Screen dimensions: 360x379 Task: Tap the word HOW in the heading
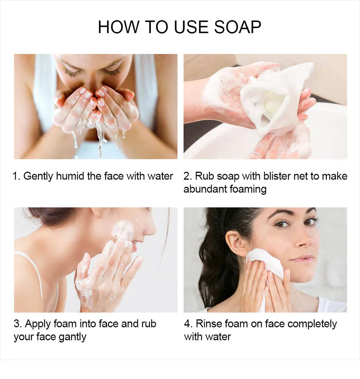(x=119, y=27)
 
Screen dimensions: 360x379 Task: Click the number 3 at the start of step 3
(x=16, y=324)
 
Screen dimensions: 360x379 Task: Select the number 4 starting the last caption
(x=187, y=324)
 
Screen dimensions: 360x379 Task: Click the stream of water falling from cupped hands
(x=99, y=138)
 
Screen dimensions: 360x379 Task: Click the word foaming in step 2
(x=248, y=189)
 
